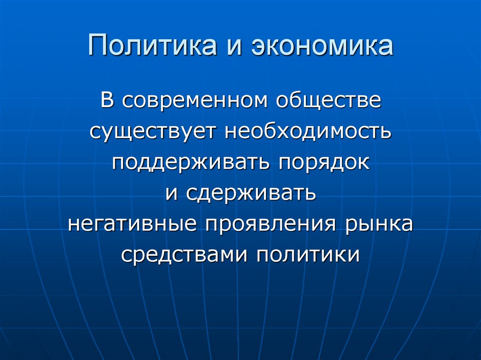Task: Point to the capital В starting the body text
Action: (107, 101)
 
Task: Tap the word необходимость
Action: (307, 131)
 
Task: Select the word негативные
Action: (132, 224)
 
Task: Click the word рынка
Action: (378, 224)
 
